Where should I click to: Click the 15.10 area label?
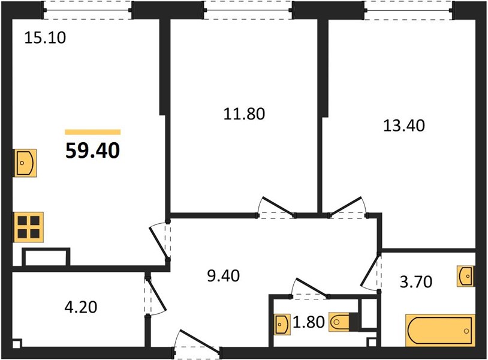tap(45, 38)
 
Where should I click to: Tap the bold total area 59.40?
tap(93, 151)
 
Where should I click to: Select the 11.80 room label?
tap(245, 114)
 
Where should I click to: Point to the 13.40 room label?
tap(404, 126)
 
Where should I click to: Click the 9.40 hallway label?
tap(224, 276)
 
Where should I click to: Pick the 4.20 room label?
tap(81, 307)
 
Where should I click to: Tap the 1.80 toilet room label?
tap(309, 322)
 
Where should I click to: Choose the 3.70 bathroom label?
tap(416, 282)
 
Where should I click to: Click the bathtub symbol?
tap(441, 331)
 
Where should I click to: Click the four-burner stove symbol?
tap(28, 227)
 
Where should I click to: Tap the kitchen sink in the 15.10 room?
tap(25, 163)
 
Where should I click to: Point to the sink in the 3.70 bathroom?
tap(466, 276)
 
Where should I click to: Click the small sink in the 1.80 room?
tap(282, 325)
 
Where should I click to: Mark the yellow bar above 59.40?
tap(93, 132)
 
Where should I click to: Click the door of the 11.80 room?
tap(275, 208)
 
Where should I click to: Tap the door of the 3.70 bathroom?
tap(371, 272)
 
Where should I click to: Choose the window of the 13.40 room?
tap(408, 10)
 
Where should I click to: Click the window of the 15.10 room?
tap(87, 10)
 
